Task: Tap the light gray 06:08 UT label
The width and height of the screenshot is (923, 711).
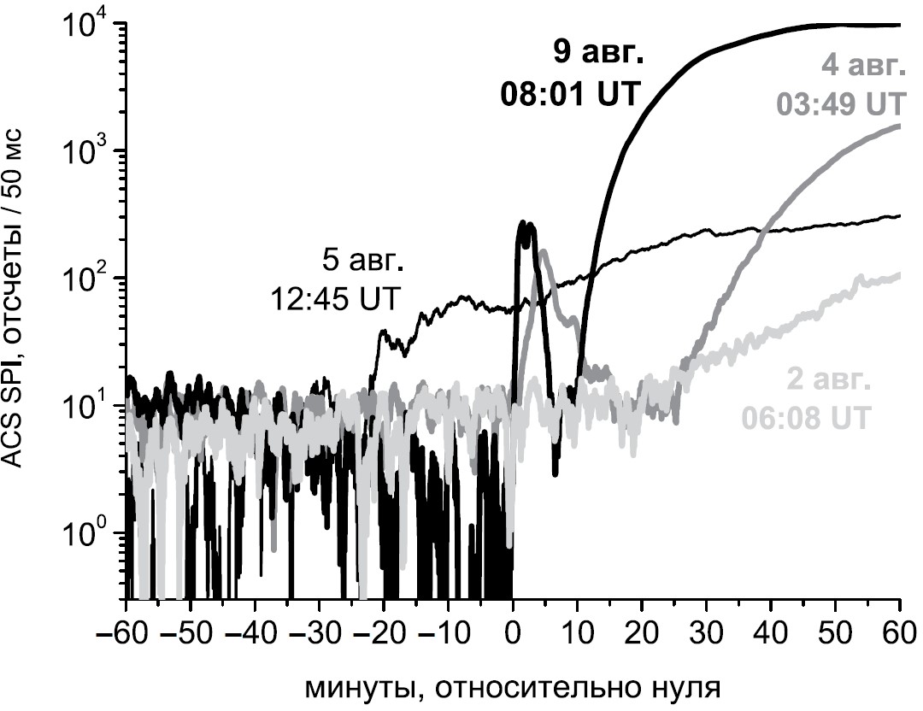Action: (x=808, y=419)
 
